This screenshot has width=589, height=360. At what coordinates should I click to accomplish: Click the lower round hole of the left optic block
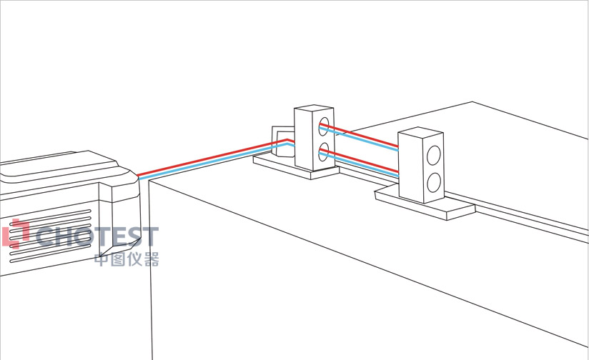coord(324,151)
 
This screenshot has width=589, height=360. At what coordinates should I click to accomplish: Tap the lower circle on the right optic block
coord(433,182)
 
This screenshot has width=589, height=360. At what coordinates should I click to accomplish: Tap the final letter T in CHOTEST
coord(149,237)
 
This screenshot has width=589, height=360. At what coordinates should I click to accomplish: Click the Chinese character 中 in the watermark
coord(102,259)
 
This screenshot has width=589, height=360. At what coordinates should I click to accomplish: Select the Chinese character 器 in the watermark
coord(151,259)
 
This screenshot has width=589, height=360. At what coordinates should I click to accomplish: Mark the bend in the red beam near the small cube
coord(287,140)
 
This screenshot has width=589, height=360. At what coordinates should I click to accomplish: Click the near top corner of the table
coord(149,180)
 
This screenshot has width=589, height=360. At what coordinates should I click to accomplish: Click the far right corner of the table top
coord(472,101)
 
